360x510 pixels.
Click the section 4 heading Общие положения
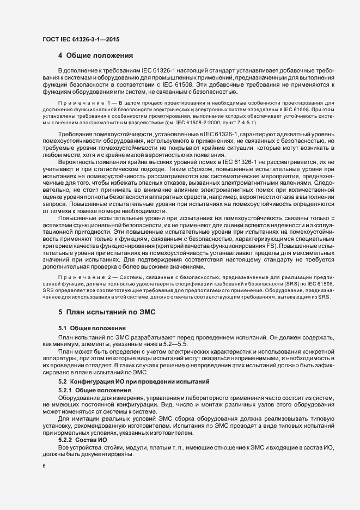coord(96,56)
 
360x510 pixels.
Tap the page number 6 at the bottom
coord(44,466)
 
